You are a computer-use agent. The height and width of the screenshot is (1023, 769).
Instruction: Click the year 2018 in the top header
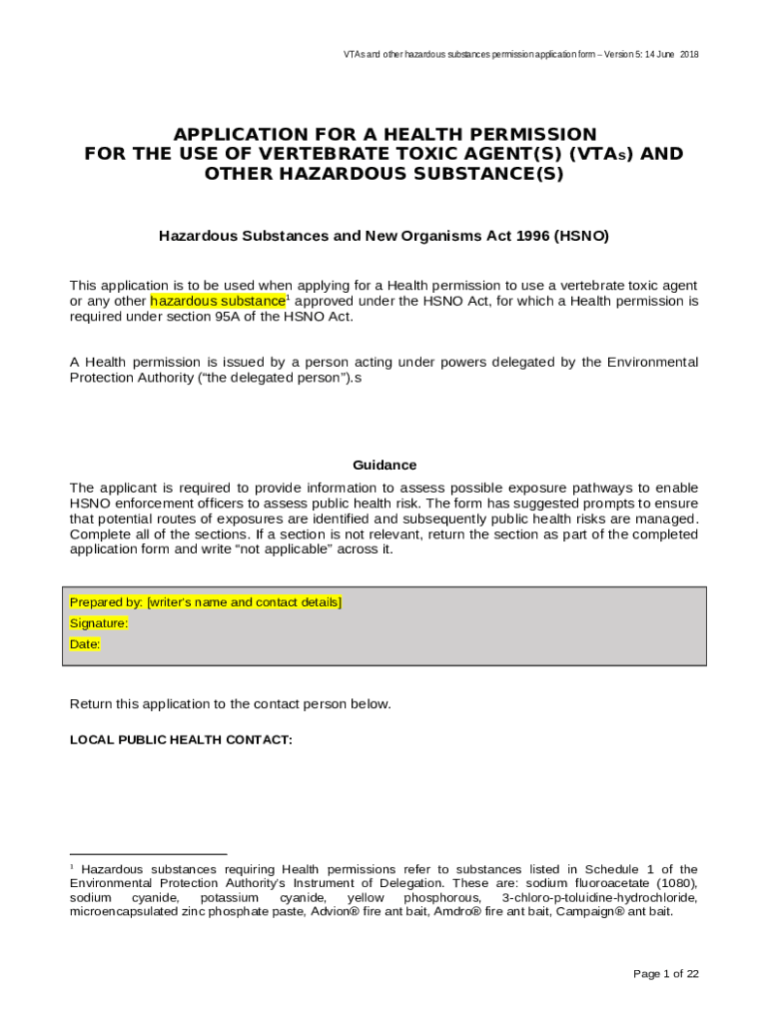tap(689, 54)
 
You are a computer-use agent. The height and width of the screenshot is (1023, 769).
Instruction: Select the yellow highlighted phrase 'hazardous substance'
tap(218, 301)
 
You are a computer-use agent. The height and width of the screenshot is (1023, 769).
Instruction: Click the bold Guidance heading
tap(384, 466)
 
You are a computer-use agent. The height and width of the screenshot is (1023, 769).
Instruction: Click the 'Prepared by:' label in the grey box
tap(106, 602)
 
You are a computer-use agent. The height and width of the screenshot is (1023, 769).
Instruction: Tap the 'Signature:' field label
tap(98, 623)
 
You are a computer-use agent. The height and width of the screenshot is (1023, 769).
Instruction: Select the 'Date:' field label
tap(85, 644)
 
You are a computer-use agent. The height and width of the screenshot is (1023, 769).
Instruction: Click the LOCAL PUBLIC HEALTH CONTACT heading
tap(181, 740)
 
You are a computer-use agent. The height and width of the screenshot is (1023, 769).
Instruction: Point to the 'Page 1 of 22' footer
tap(666, 974)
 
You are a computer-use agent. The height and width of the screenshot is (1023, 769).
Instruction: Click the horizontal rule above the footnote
tap(148, 855)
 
